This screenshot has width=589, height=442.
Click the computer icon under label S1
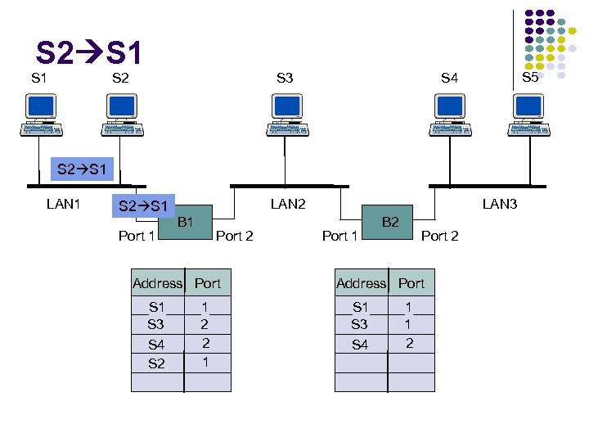point(40,114)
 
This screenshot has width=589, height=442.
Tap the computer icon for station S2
point(122,114)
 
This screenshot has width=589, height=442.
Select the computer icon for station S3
point(286,114)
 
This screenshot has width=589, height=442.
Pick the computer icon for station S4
point(449,114)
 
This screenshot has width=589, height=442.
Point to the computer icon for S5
point(528,114)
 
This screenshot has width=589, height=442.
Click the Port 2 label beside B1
point(234,237)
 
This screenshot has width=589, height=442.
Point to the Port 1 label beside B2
point(339,237)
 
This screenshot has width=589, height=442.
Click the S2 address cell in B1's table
point(156,363)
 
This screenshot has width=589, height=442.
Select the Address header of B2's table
point(361,283)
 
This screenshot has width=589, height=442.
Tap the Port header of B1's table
point(208,283)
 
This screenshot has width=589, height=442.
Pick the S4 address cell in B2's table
point(360,345)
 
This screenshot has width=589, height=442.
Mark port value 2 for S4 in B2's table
point(410,343)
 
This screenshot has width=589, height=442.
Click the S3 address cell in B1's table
point(156,325)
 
